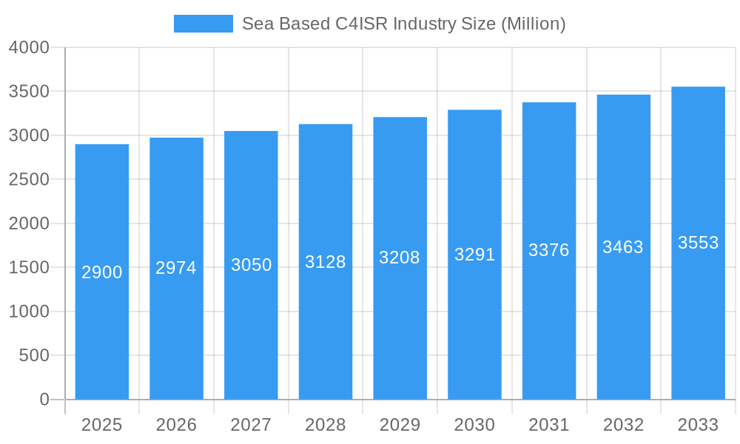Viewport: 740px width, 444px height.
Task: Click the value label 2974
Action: pos(176,268)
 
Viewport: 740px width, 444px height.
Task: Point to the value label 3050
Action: pos(251,265)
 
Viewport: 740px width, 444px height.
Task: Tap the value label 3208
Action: pos(400,258)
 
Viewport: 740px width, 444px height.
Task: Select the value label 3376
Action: pos(549,250)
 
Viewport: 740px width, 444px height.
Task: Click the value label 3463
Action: pos(623,247)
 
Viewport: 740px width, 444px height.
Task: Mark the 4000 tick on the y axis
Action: pos(29,47)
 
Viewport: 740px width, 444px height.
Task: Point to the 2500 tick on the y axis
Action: pos(29,180)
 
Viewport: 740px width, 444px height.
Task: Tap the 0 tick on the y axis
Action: pos(44,400)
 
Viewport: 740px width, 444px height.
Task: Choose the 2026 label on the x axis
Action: pos(176,425)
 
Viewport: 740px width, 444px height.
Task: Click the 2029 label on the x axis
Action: pos(400,425)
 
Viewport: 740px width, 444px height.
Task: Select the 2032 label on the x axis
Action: pos(623,425)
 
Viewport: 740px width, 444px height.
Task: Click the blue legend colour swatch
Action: pos(203,24)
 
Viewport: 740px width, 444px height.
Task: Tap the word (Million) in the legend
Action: pos(533,24)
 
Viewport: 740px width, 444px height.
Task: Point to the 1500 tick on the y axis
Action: pos(29,268)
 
